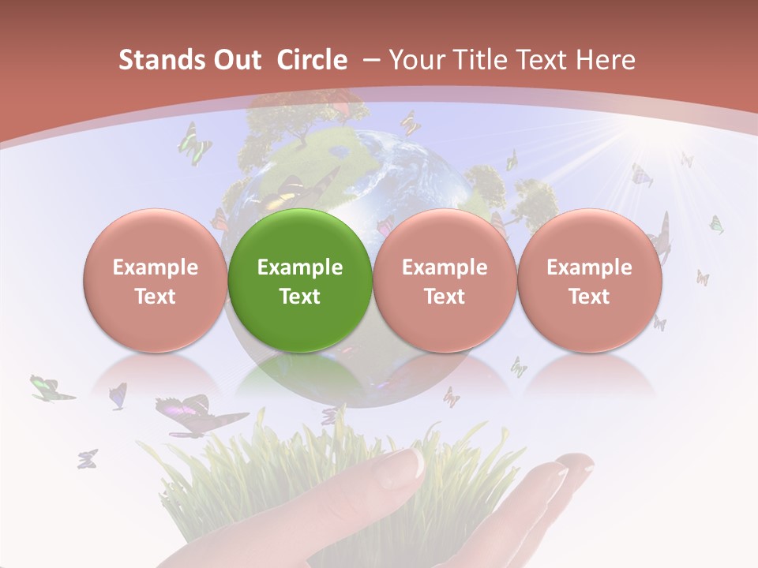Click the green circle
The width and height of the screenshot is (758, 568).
coord(300,281)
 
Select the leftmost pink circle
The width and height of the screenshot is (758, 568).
coord(155,281)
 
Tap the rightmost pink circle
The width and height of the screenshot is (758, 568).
coord(589,281)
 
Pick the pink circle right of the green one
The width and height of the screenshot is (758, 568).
coord(445,281)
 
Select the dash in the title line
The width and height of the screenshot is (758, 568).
coord(369,60)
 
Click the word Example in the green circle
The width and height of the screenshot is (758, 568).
coord(300,267)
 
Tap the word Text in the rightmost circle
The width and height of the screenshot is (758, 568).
coord(589,297)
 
